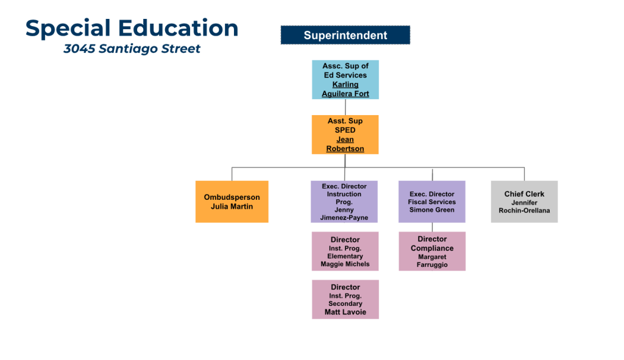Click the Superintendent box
[x=345, y=35]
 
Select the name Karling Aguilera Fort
[x=346, y=89]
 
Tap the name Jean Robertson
[x=345, y=144]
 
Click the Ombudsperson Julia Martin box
[x=232, y=202]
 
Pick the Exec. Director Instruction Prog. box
[x=344, y=202]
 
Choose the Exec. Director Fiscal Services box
[x=432, y=202]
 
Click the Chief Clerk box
[x=524, y=202]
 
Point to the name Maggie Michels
[x=345, y=264]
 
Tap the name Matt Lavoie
[x=346, y=312]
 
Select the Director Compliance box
[x=432, y=252]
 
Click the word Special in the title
[x=68, y=29]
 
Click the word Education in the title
[x=179, y=28]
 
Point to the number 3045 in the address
[x=80, y=49]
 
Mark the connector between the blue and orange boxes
[x=345, y=107]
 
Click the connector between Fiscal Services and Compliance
[x=432, y=227]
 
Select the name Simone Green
[x=432, y=210]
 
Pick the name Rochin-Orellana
[x=524, y=210]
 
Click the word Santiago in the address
[x=132, y=49]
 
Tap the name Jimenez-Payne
[x=344, y=217]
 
